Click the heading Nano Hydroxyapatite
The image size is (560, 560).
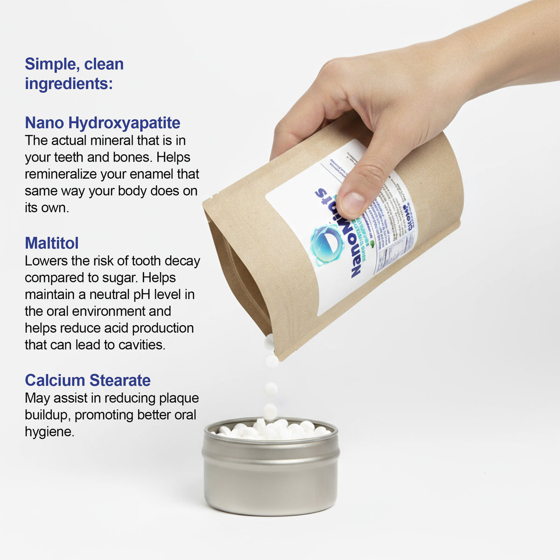pos(102,123)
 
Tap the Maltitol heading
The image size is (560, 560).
pos(51,243)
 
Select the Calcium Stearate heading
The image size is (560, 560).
pos(88,380)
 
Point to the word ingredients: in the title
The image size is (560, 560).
pos(69,84)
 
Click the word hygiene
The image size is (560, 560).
pos(49,432)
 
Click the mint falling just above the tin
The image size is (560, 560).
pos(270,411)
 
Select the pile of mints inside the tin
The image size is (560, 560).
pos(271,430)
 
